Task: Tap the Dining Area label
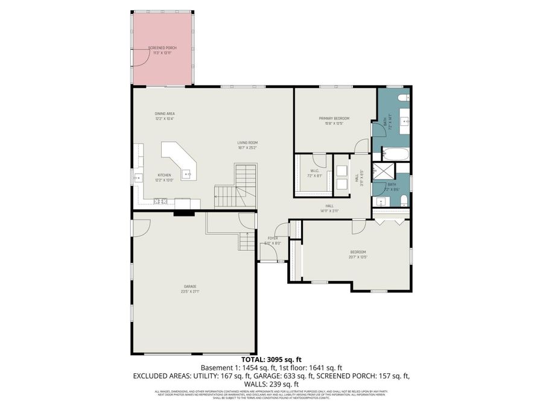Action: (x=164, y=113)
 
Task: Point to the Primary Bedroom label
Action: (x=334, y=118)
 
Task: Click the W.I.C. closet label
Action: (x=315, y=171)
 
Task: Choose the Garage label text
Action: (x=191, y=286)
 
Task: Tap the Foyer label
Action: (x=273, y=238)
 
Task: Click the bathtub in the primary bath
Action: (x=396, y=154)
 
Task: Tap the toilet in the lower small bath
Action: (x=404, y=200)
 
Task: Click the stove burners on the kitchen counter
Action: (x=160, y=201)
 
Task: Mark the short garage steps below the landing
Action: (x=247, y=241)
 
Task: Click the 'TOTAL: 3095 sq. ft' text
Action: (x=271, y=359)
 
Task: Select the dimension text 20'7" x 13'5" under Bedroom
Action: (x=358, y=257)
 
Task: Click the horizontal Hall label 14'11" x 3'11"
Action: (x=329, y=208)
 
